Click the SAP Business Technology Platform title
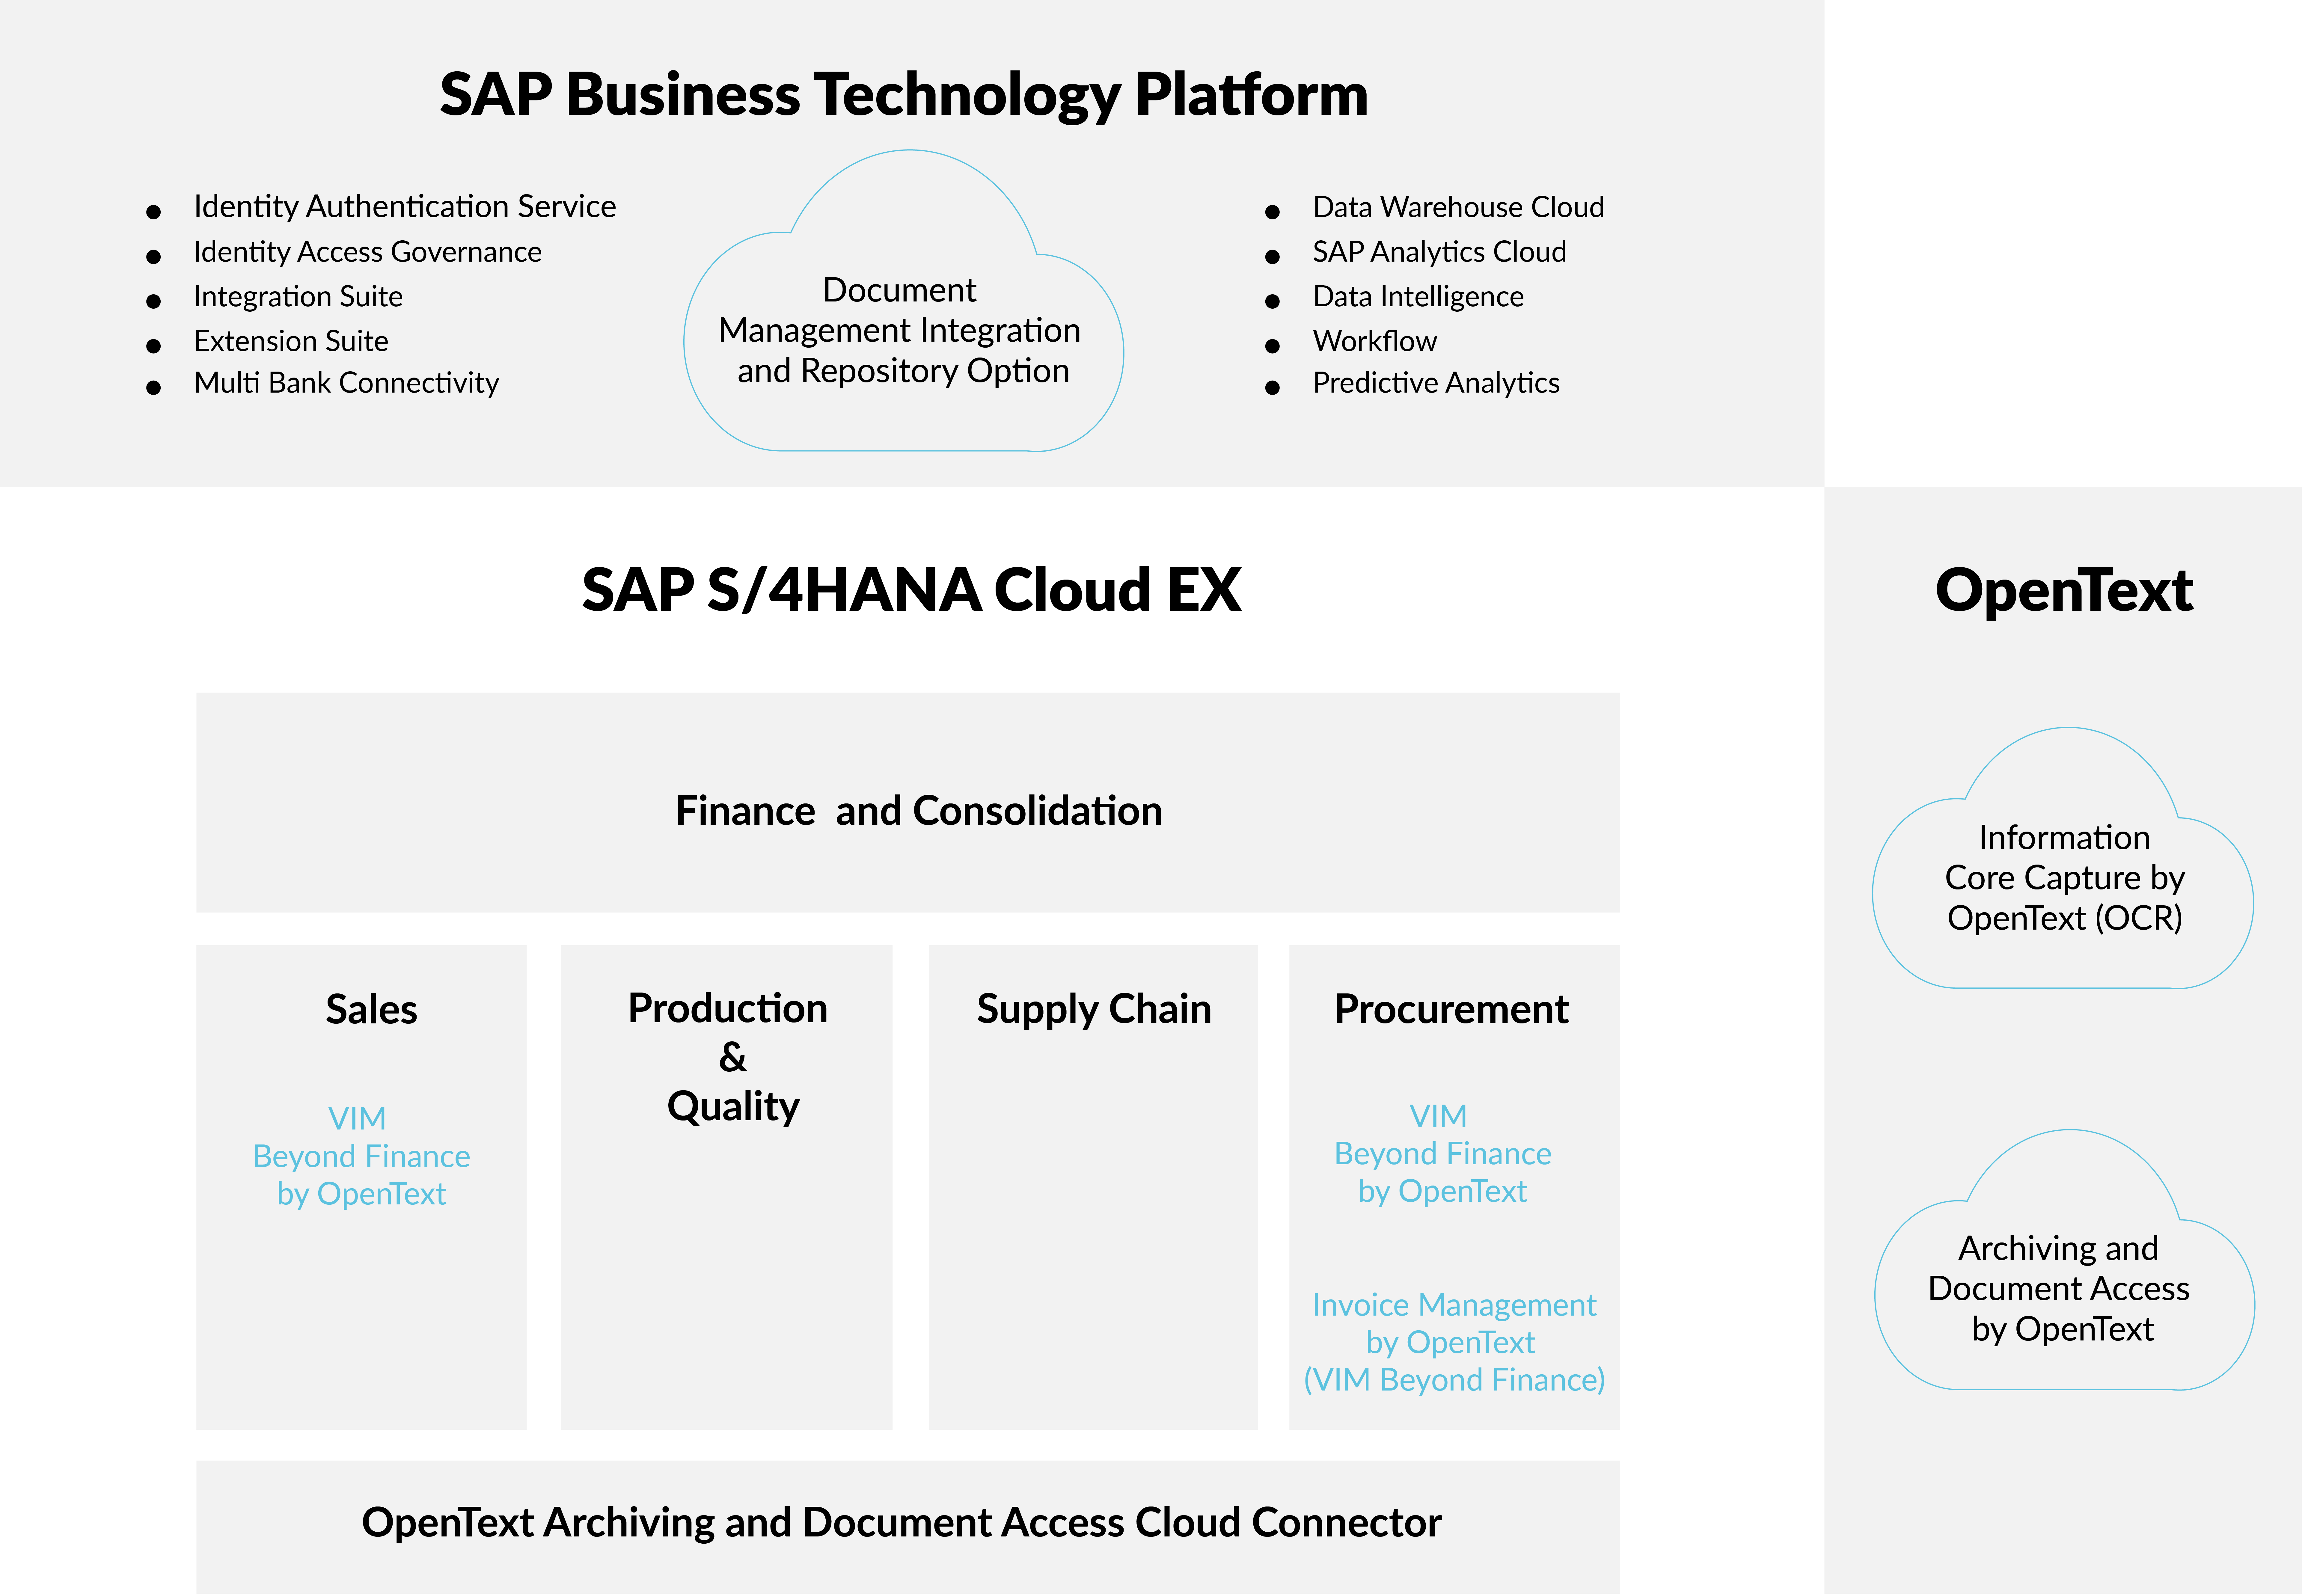(x=904, y=95)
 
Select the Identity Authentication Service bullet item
(x=405, y=207)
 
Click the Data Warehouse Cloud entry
(x=1458, y=207)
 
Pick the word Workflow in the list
(x=1374, y=340)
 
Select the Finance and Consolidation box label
(x=919, y=810)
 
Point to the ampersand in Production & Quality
(x=732, y=1057)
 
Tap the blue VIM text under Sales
(x=357, y=1118)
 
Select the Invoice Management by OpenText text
(x=1454, y=1342)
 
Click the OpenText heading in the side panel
(x=2063, y=590)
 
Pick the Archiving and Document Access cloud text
(x=2059, y=1288)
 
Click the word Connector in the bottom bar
(x=1347, y=1522)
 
